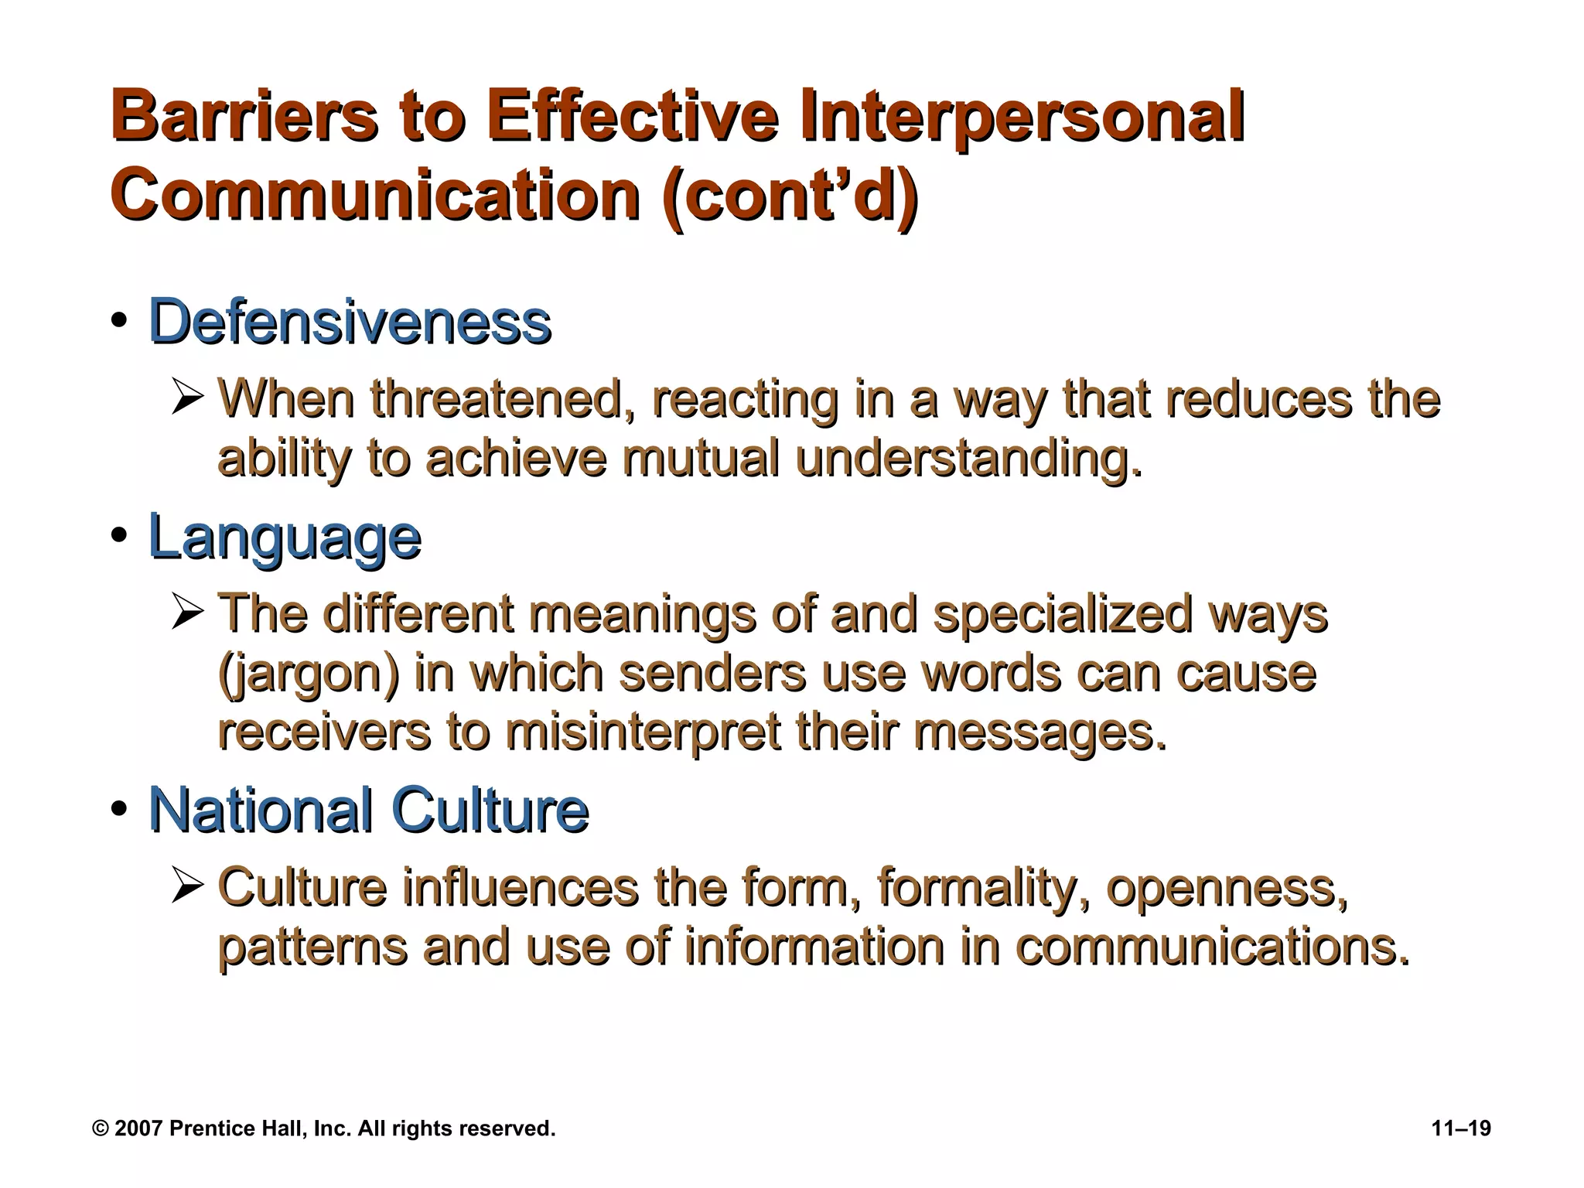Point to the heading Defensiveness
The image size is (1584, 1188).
point(350,321)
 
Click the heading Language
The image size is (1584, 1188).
point(285,537)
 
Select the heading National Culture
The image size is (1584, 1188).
point(368,810)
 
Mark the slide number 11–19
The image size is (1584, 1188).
point(1461,1128)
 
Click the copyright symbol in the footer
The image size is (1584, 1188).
point(100,1128)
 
